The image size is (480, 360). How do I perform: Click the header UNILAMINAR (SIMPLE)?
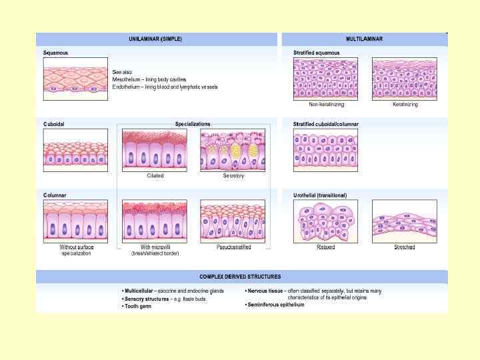click(x=155, y=39)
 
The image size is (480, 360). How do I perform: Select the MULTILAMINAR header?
click(x=364, y=39)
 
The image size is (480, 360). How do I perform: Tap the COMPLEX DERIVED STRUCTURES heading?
click(x=240, y=276)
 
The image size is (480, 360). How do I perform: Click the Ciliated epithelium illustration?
click(x=155, y=150)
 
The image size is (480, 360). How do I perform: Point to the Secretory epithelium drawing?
click(x=233, y=150)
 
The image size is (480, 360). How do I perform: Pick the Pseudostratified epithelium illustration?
click(x=233, y=221)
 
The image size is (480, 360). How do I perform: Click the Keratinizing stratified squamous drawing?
click(x=405, y=79)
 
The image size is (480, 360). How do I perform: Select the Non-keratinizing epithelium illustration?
click(x=325, y=79)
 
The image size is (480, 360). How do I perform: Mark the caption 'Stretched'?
click(x=404, y=247)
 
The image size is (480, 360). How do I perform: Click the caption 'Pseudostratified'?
click(x=233, y=247)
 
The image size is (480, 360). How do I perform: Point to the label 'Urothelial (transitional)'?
click(x=320, y=195)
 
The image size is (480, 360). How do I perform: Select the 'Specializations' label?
click(x=193, y=124)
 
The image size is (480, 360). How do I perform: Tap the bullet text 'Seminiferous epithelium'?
click(x=277, y=305)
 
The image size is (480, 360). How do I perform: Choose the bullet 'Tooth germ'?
click(x=137, y=305)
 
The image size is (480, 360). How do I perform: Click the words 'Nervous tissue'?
click(x=265, y=291)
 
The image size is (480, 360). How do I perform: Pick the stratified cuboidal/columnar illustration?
click(x=325, y=150)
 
